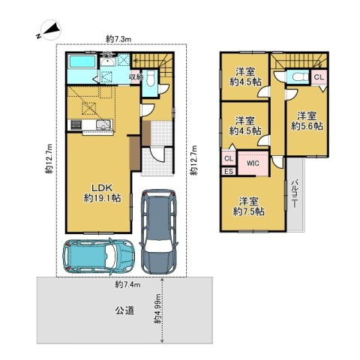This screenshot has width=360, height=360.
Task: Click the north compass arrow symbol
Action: pyautogui.click(x=46, y=31)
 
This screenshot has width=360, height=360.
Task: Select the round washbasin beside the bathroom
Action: pyautogui.click(x=106, y=75)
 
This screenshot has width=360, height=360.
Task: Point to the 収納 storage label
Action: pyautogui.click(x=135, y=76)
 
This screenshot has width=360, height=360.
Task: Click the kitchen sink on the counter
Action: pyautogui.click(x=103, y=124)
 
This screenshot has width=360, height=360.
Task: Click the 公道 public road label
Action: pyautogui.click(x=124, y=308)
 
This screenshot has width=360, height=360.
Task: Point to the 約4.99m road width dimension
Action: pyautogui.click(x=158, y=309)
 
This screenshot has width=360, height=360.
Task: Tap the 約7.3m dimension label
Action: pyautogui.click(x=119, y=37)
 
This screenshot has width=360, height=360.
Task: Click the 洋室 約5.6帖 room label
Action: pyautogui.click(x=307, y=121)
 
